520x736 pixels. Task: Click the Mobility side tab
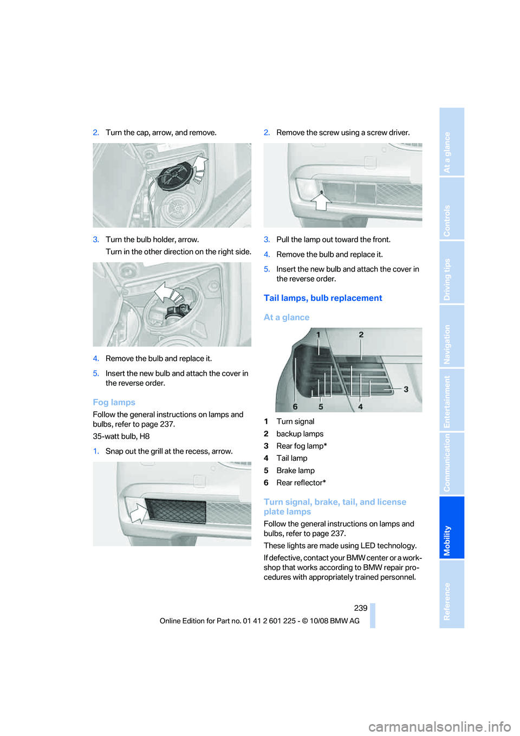[x=452, y=527]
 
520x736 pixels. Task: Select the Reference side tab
[x=452, y=594]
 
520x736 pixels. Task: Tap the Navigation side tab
[x=452, y=337]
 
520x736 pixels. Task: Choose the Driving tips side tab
[x=452, y=273]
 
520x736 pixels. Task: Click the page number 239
[x=361, y=608]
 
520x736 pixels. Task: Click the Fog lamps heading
[x=114, y=402]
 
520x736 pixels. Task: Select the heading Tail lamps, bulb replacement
[x=323, y=298]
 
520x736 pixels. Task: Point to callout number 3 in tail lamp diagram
[x=406, y=389]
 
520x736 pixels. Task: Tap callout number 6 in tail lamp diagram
[x=295, y=406]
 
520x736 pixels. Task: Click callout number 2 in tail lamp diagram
[x=361, y=335]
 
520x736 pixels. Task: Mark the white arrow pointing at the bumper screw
[x=322, y=201]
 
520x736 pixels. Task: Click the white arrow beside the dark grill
[x=138, y=512]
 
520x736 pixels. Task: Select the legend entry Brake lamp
[x=295, y=470]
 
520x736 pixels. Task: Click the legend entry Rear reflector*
[x=301, y=483]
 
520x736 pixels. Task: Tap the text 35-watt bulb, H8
[x=121, y=436]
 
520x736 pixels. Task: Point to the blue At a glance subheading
[x=287, y=318]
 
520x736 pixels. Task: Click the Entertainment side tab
[x=452, y=401]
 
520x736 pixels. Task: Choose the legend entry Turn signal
[x=295, y=422]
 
